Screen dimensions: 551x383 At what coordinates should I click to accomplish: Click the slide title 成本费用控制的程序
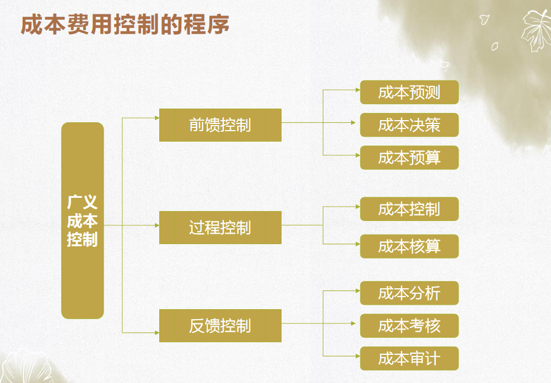pyautogui.click(x=125, y=25)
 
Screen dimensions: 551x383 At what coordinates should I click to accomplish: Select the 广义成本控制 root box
pyautogui.click(x=83, y=220)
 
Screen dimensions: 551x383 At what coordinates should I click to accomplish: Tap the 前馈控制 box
pyautogui.click(x=220, y=125)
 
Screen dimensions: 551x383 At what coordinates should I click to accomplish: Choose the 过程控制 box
pyautogui.click(x=220, y=227)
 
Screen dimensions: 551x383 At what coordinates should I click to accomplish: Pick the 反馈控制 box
pyautogui.click(x=220, y=326)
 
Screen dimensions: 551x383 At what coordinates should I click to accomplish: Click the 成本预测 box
pyautogui.click(x=409, y=92)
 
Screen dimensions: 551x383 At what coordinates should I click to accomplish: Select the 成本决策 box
pyautogui.click(x=409, y=125)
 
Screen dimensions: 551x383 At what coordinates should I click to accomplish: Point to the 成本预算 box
pyautogui.click(x=409, y=158)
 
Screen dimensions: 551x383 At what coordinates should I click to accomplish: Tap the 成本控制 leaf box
pyautogui.click(x=409, y=209)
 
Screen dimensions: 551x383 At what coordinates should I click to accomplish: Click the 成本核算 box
pyautogui.click(x=409, y=246)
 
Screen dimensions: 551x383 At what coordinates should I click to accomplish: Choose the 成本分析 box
pyautogui.click(x=409, y=293)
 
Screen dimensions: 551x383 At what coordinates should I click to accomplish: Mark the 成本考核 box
pyautogui.click(x=409, y=325)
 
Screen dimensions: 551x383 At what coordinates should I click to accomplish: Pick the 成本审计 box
pyautogui.click(x=409, y=358)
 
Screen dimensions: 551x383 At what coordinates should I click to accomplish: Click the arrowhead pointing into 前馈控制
pyautogui.click(x=156, y=117)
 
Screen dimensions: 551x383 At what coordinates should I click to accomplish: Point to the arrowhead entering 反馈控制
pyautogui.click(x=156, y=333)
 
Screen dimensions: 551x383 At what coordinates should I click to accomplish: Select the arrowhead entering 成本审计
pyautogui.click(x=357, y=355)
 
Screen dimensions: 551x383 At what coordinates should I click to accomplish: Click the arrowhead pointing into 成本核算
pyautogui.click(x=357, y=243)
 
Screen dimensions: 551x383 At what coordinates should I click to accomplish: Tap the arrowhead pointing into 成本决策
pyautogui.click(x=357, y=123)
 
